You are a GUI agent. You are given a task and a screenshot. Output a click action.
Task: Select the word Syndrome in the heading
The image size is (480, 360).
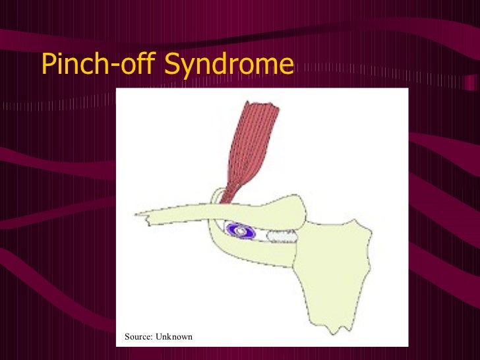[228, 64]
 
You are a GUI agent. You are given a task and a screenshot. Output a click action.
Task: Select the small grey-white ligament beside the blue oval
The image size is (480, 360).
[280, 233]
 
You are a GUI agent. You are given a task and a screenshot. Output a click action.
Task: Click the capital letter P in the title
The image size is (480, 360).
[48, 64]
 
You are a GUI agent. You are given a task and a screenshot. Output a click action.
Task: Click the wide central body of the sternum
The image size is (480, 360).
[330, 264]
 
